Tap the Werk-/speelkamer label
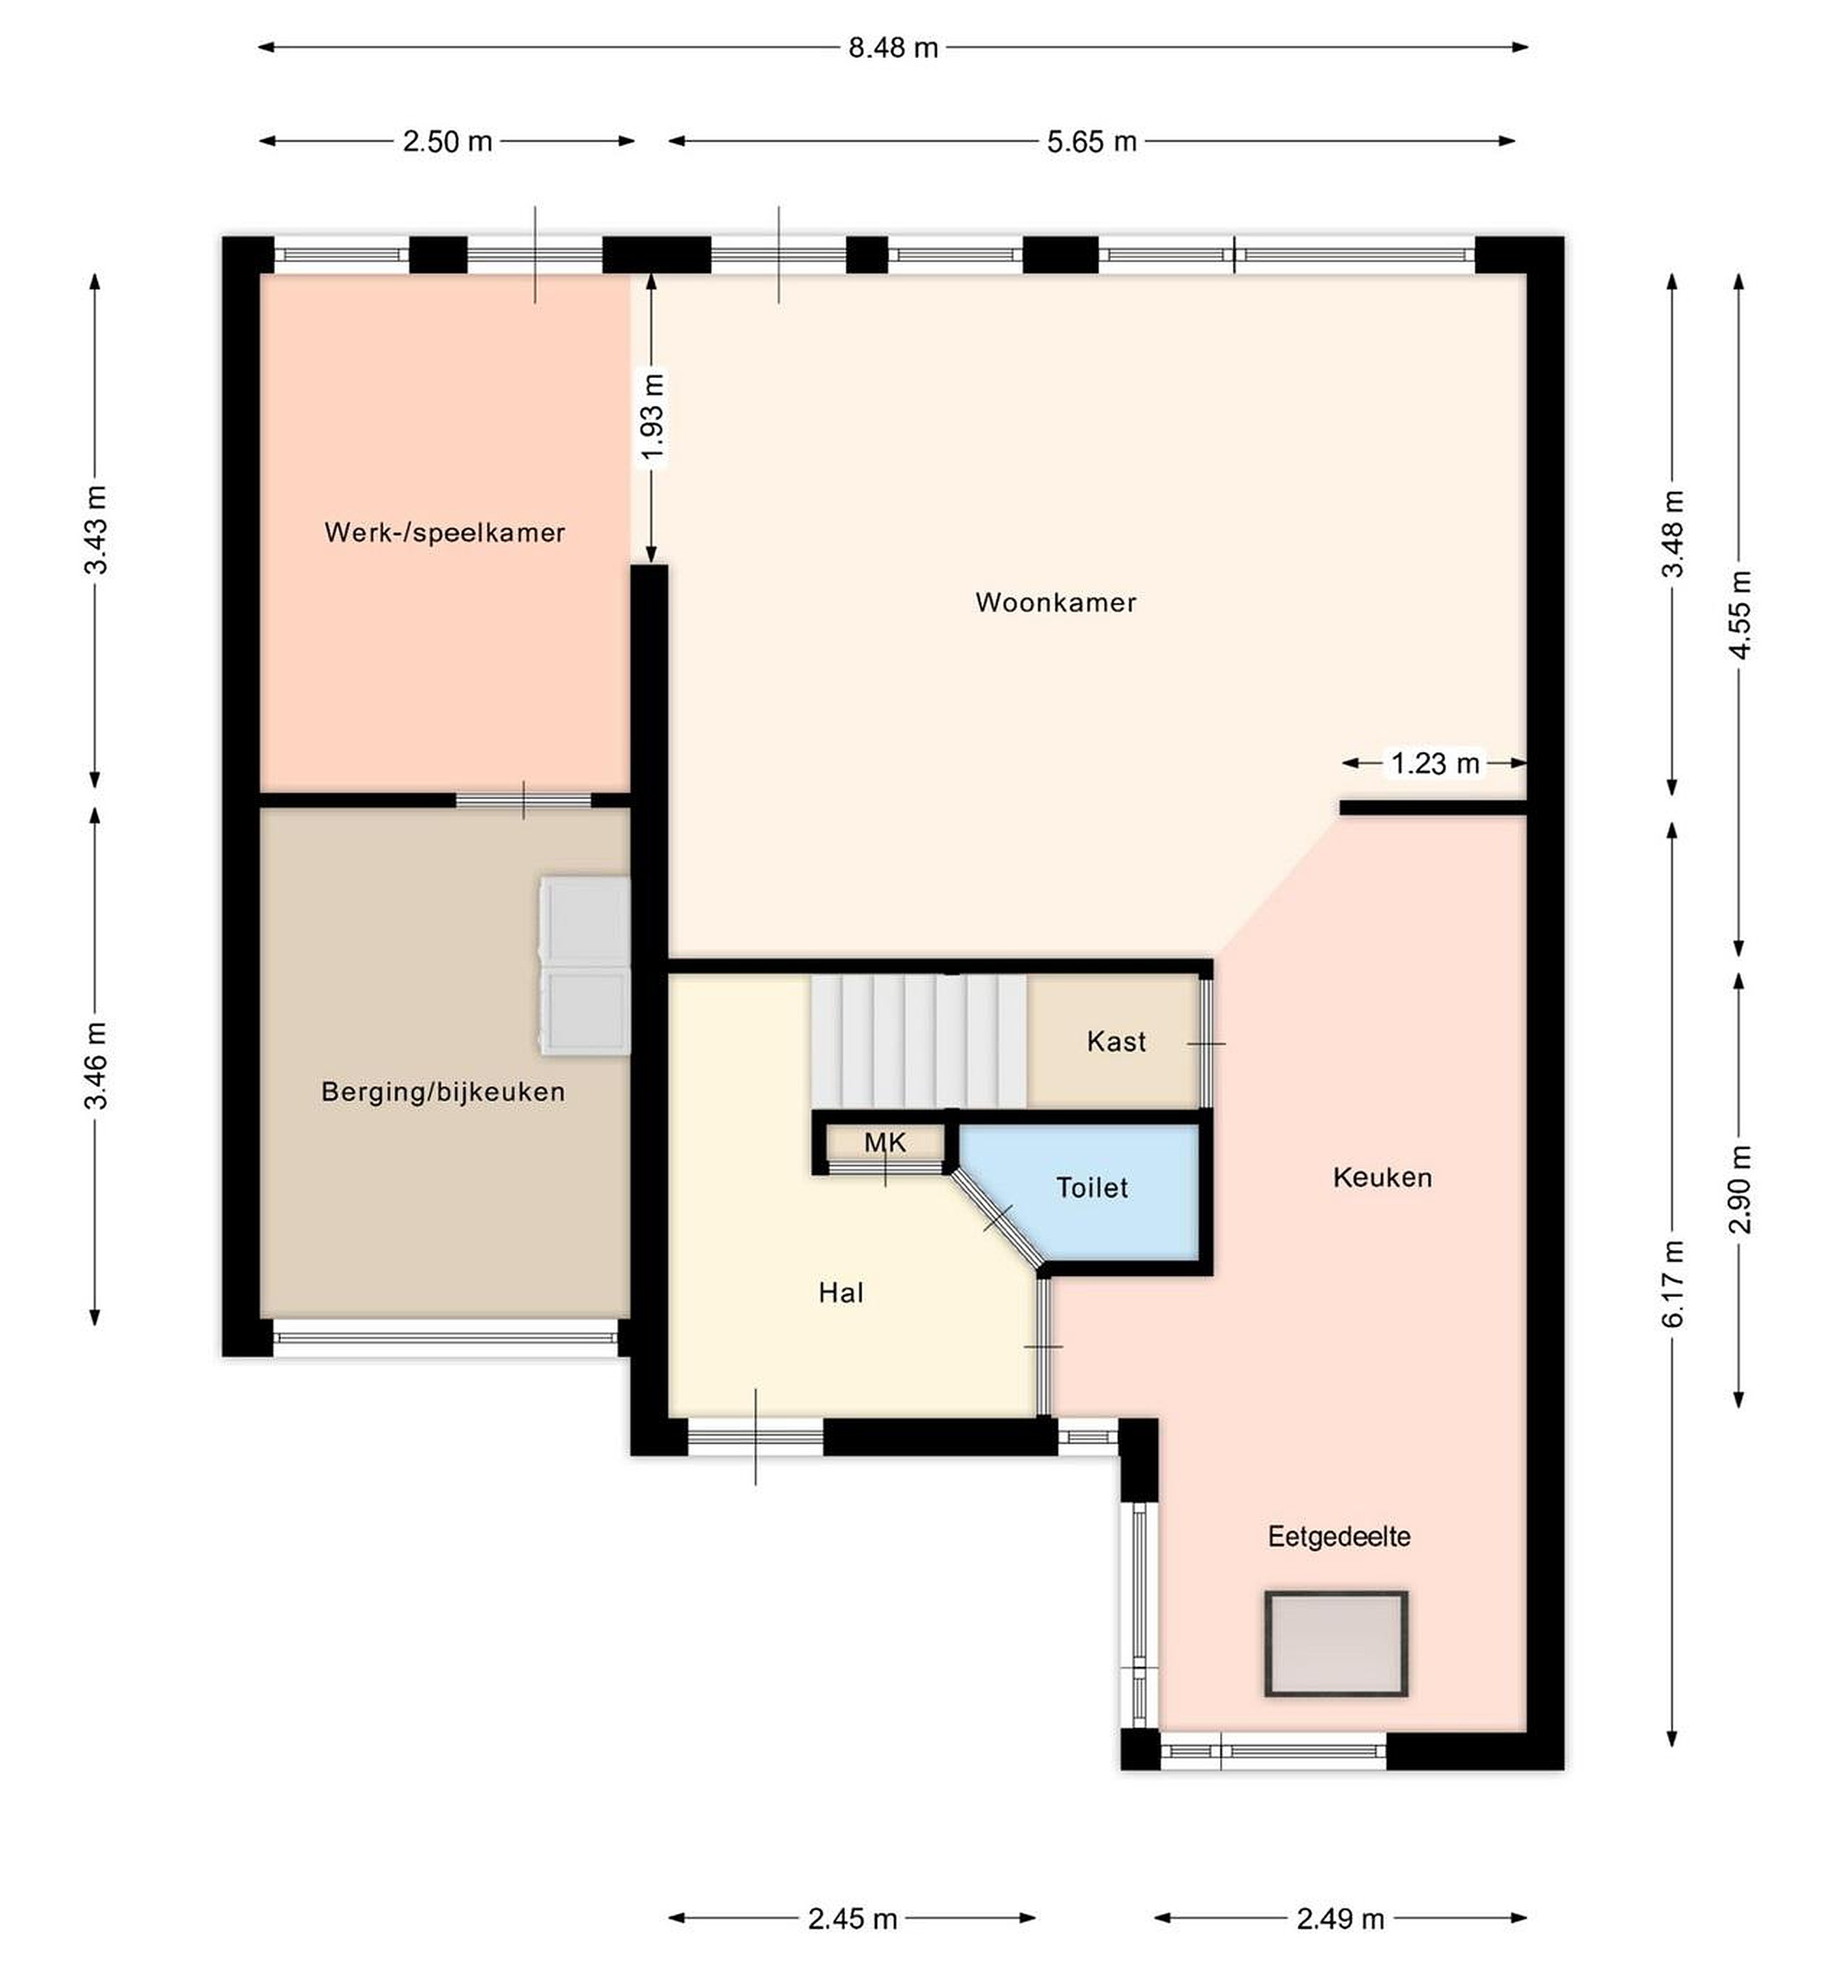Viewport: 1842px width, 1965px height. (445, 533)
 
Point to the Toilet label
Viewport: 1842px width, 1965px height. (1092, 1187)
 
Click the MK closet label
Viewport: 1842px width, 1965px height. (885, 1143)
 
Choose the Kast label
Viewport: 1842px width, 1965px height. (1116, 1040)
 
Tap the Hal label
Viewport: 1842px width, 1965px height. (841, 1293)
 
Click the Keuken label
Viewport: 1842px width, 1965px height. (1382, 1177)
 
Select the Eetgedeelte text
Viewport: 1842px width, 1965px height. (1339, 1537)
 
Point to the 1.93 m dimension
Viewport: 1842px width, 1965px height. (652, 416)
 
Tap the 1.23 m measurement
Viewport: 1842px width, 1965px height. (1435, 763)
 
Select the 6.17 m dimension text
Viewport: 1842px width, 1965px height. (1672, 1284)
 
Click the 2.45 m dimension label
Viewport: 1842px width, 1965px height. (852, 1919)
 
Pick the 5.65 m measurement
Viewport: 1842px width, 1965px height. (1092, 141)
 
